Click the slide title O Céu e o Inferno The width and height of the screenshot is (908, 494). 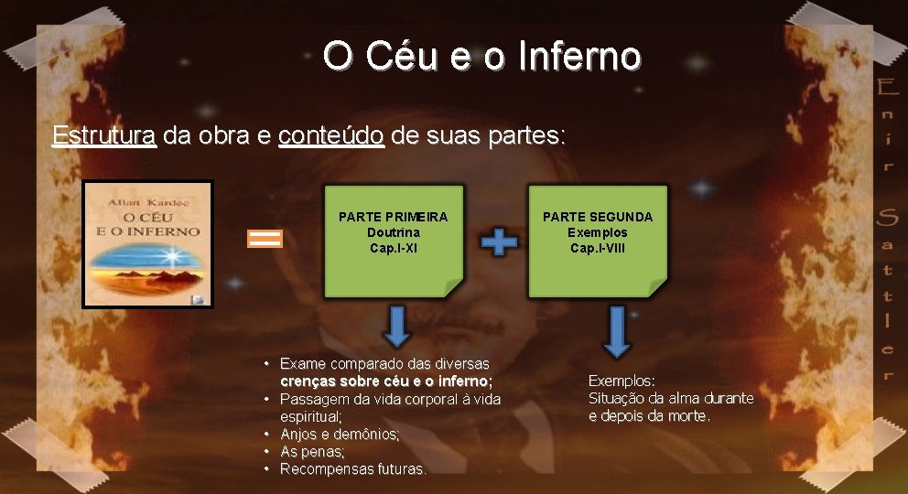(x=481, y=56)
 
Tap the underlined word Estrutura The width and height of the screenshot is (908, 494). (x=103, y=136)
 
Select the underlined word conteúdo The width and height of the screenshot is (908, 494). (x=330, y=136)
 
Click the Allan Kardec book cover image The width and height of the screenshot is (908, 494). (x=147, y=243)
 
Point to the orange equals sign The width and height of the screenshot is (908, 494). (x=265, y=239)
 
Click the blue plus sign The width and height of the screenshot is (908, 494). (x=499, y=242)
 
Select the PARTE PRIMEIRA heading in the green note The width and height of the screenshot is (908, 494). (x=394, y=217)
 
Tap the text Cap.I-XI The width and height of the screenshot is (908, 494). (x=394, y=248)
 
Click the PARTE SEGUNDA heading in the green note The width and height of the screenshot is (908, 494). (x=598, y=217)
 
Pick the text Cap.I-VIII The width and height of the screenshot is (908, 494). (x=598, y=248)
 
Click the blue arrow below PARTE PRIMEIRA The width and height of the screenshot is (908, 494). (x=396, y=327)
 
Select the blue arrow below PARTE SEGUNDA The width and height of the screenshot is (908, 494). (x=617, y=331)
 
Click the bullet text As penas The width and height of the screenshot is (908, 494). (x=312, y=451)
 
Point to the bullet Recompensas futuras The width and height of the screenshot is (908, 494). (x=352, y=468)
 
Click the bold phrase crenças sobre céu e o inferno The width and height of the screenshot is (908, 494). (x=385, y=381)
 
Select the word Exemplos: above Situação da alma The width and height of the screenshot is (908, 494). (x=622, y=381)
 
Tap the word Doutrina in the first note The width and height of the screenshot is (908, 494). (x=394, y=232)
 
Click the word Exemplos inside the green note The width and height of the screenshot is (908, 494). (x=598, y=232)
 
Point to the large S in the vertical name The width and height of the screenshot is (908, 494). (x=885, y=219)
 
